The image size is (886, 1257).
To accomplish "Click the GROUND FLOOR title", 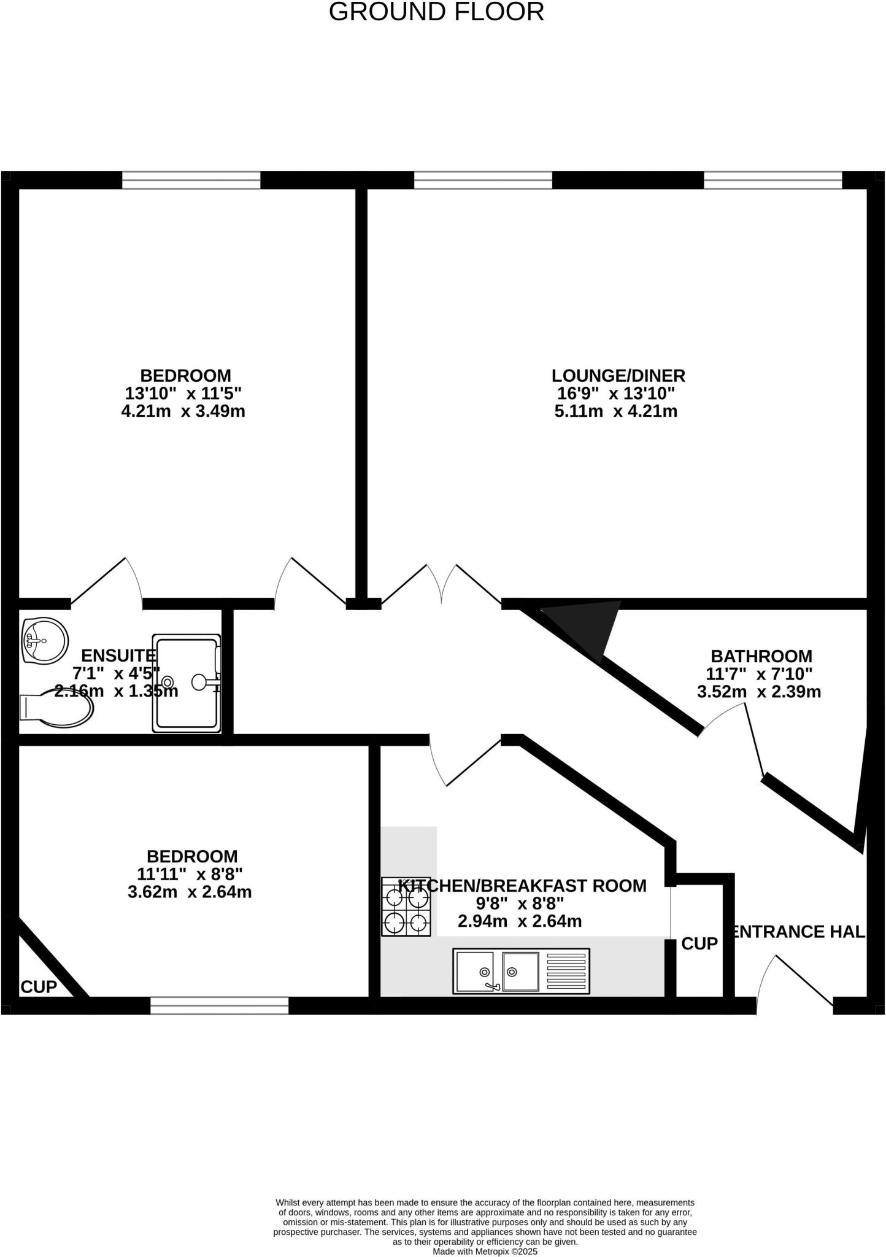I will tap(436, 12).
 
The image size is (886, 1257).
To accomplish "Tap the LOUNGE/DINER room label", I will tap(618, 375).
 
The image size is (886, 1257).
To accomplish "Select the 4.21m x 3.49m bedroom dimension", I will tap(183, 411).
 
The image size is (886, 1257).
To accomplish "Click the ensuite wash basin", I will tap(44, 640).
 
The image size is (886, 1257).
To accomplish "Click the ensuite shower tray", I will tap(186, 683).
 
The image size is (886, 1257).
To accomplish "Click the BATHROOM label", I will tap(761, 656).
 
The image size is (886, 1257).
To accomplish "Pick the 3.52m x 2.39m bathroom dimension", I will tap(758, 692).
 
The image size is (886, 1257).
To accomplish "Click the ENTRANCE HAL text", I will tap(796, 932).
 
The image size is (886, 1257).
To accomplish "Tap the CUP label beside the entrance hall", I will tap(699, 943).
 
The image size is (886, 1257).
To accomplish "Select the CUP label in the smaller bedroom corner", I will tap(39, 987).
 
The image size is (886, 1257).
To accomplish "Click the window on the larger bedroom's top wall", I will tap(191, 180).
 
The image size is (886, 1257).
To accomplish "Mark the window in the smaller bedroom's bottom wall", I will tap(219, 1005).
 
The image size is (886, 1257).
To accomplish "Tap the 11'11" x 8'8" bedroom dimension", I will tap(190, 873).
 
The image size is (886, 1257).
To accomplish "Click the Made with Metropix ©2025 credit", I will tap(485, 1251).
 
